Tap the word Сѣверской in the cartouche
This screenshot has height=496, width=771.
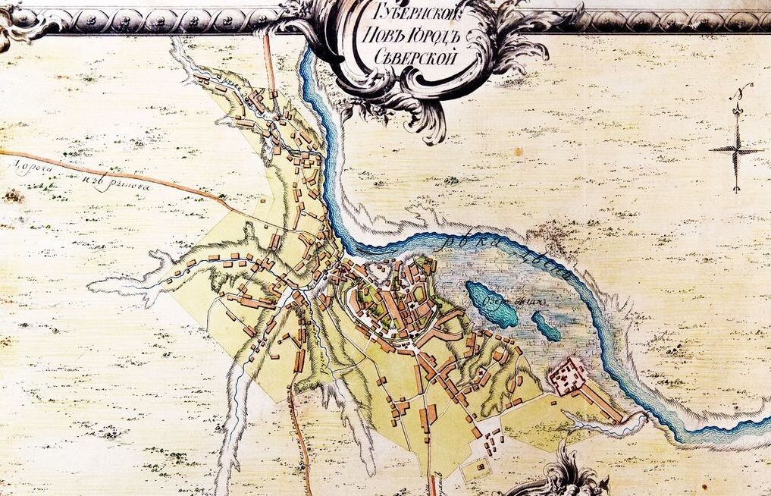[409, 55]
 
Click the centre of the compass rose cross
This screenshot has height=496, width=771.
[736, 149]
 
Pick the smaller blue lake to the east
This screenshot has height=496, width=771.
[546, 325]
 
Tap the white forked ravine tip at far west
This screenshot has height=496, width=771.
[95, 285]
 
